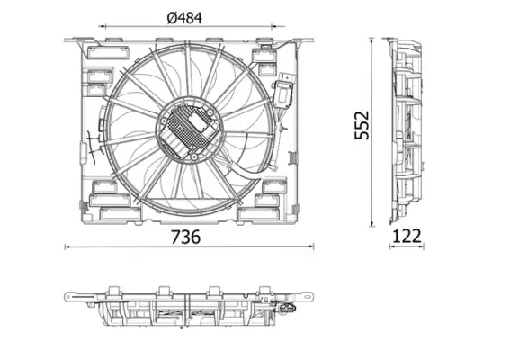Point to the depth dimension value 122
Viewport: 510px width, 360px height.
click(408, 237)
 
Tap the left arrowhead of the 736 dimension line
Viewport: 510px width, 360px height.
click(68, 246)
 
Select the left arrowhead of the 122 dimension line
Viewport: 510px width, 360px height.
click(389, 246)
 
